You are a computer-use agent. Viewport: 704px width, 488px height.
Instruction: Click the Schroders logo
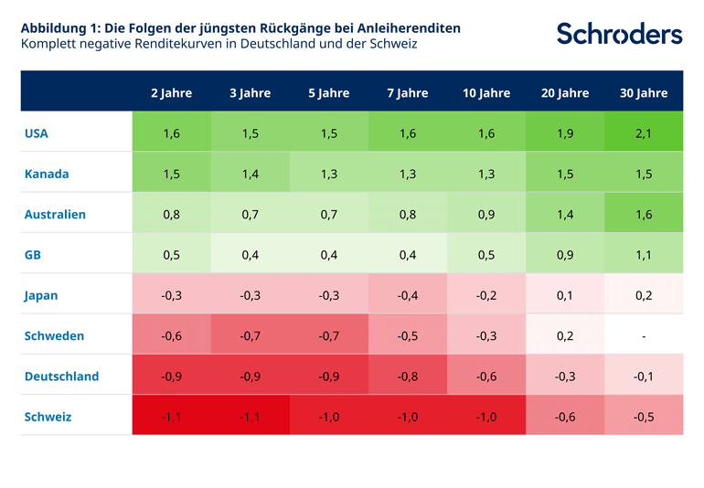619,34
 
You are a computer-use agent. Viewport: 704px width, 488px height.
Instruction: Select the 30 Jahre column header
644,93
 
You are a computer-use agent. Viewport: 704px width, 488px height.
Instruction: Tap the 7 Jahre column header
408,93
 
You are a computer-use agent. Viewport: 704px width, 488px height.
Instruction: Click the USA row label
37,133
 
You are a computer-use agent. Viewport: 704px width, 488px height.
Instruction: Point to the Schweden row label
54,335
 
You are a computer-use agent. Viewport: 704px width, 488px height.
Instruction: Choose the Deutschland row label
61,376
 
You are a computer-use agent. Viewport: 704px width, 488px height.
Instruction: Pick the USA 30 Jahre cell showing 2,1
644,133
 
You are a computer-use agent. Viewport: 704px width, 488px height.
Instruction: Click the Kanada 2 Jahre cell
172,174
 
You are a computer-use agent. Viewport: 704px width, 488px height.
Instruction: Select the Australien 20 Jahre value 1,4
565,214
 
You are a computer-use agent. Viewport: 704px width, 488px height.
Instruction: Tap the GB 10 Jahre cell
486,255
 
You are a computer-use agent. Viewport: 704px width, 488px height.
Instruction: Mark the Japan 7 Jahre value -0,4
408,295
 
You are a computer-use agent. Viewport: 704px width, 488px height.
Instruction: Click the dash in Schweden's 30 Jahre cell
644,336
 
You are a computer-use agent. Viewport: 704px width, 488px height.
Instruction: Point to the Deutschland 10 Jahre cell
486,376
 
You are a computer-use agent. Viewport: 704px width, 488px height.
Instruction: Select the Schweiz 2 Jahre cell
172,417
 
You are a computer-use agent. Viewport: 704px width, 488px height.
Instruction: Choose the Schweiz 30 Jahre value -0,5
644,417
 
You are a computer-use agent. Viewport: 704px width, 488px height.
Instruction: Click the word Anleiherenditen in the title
407,28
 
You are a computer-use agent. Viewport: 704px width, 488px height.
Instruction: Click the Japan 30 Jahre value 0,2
644,295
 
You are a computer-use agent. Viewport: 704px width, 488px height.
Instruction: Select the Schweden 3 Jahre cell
251,335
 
